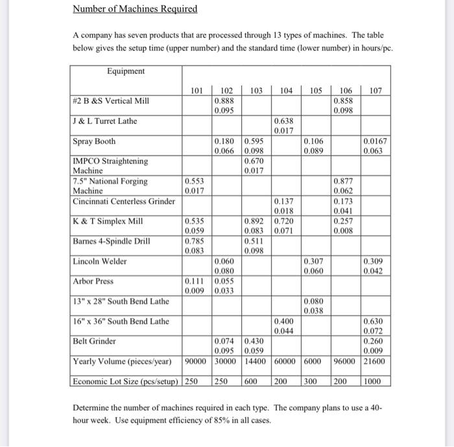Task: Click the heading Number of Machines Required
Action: pos(135,9)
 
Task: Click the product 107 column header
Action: pos(376,91)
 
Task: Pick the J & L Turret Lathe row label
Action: pos(105,120)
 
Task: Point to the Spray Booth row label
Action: pos(95,141)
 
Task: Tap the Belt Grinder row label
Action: pos(95,341)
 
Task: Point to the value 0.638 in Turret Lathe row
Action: pos(285,121)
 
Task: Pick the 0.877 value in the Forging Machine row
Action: pos(344,181)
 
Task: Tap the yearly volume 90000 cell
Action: pos(197,361)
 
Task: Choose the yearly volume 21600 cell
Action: pos(374,361)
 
